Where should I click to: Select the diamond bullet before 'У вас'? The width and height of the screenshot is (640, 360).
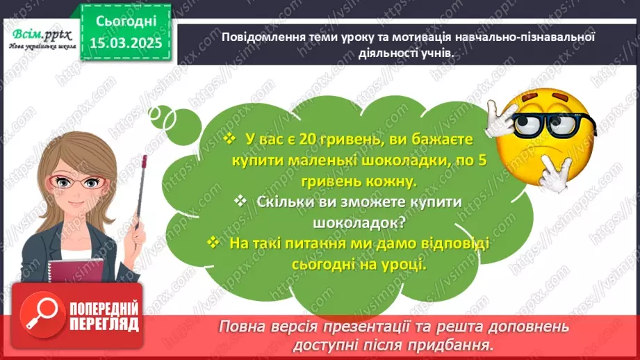(231, 140)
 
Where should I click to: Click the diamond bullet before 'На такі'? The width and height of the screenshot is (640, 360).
(213, 243)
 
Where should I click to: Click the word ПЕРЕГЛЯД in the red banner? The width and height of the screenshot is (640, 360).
(104, 325)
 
